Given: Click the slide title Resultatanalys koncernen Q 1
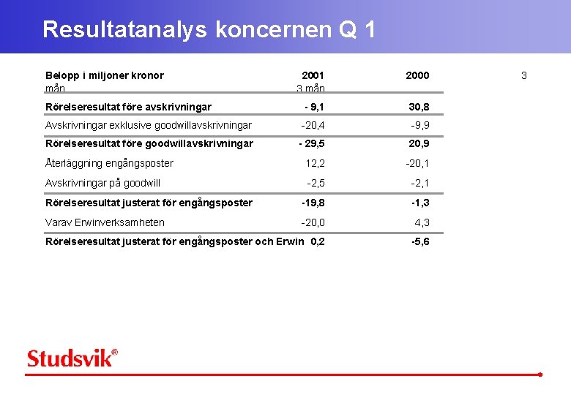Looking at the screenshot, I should (209, 29).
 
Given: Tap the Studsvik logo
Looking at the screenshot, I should (72, 358).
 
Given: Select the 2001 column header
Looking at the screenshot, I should (313, 75).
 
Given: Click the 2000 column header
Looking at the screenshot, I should (417, 75).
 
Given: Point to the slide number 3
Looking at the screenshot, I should (523, 75).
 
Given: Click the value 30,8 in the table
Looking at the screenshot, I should (419, 107).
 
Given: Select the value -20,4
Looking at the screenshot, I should (313, 125).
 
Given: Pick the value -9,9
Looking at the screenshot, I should (420, 125).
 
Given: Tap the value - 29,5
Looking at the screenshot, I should (312, 143).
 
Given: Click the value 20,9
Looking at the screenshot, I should (419, 143).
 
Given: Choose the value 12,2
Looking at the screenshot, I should (316, 163).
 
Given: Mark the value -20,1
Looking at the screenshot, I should (417, 163).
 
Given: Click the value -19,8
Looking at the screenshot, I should (313, 203).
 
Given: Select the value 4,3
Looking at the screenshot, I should (422, 222).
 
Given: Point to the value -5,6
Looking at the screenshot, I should (420, 241).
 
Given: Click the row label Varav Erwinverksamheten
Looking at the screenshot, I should (105, 222).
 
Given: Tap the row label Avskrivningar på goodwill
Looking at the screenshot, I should (102, 183).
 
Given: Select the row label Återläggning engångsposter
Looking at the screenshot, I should (109, 163).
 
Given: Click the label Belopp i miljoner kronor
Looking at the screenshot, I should (105, 75).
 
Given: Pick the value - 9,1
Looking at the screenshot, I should (312, 107).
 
